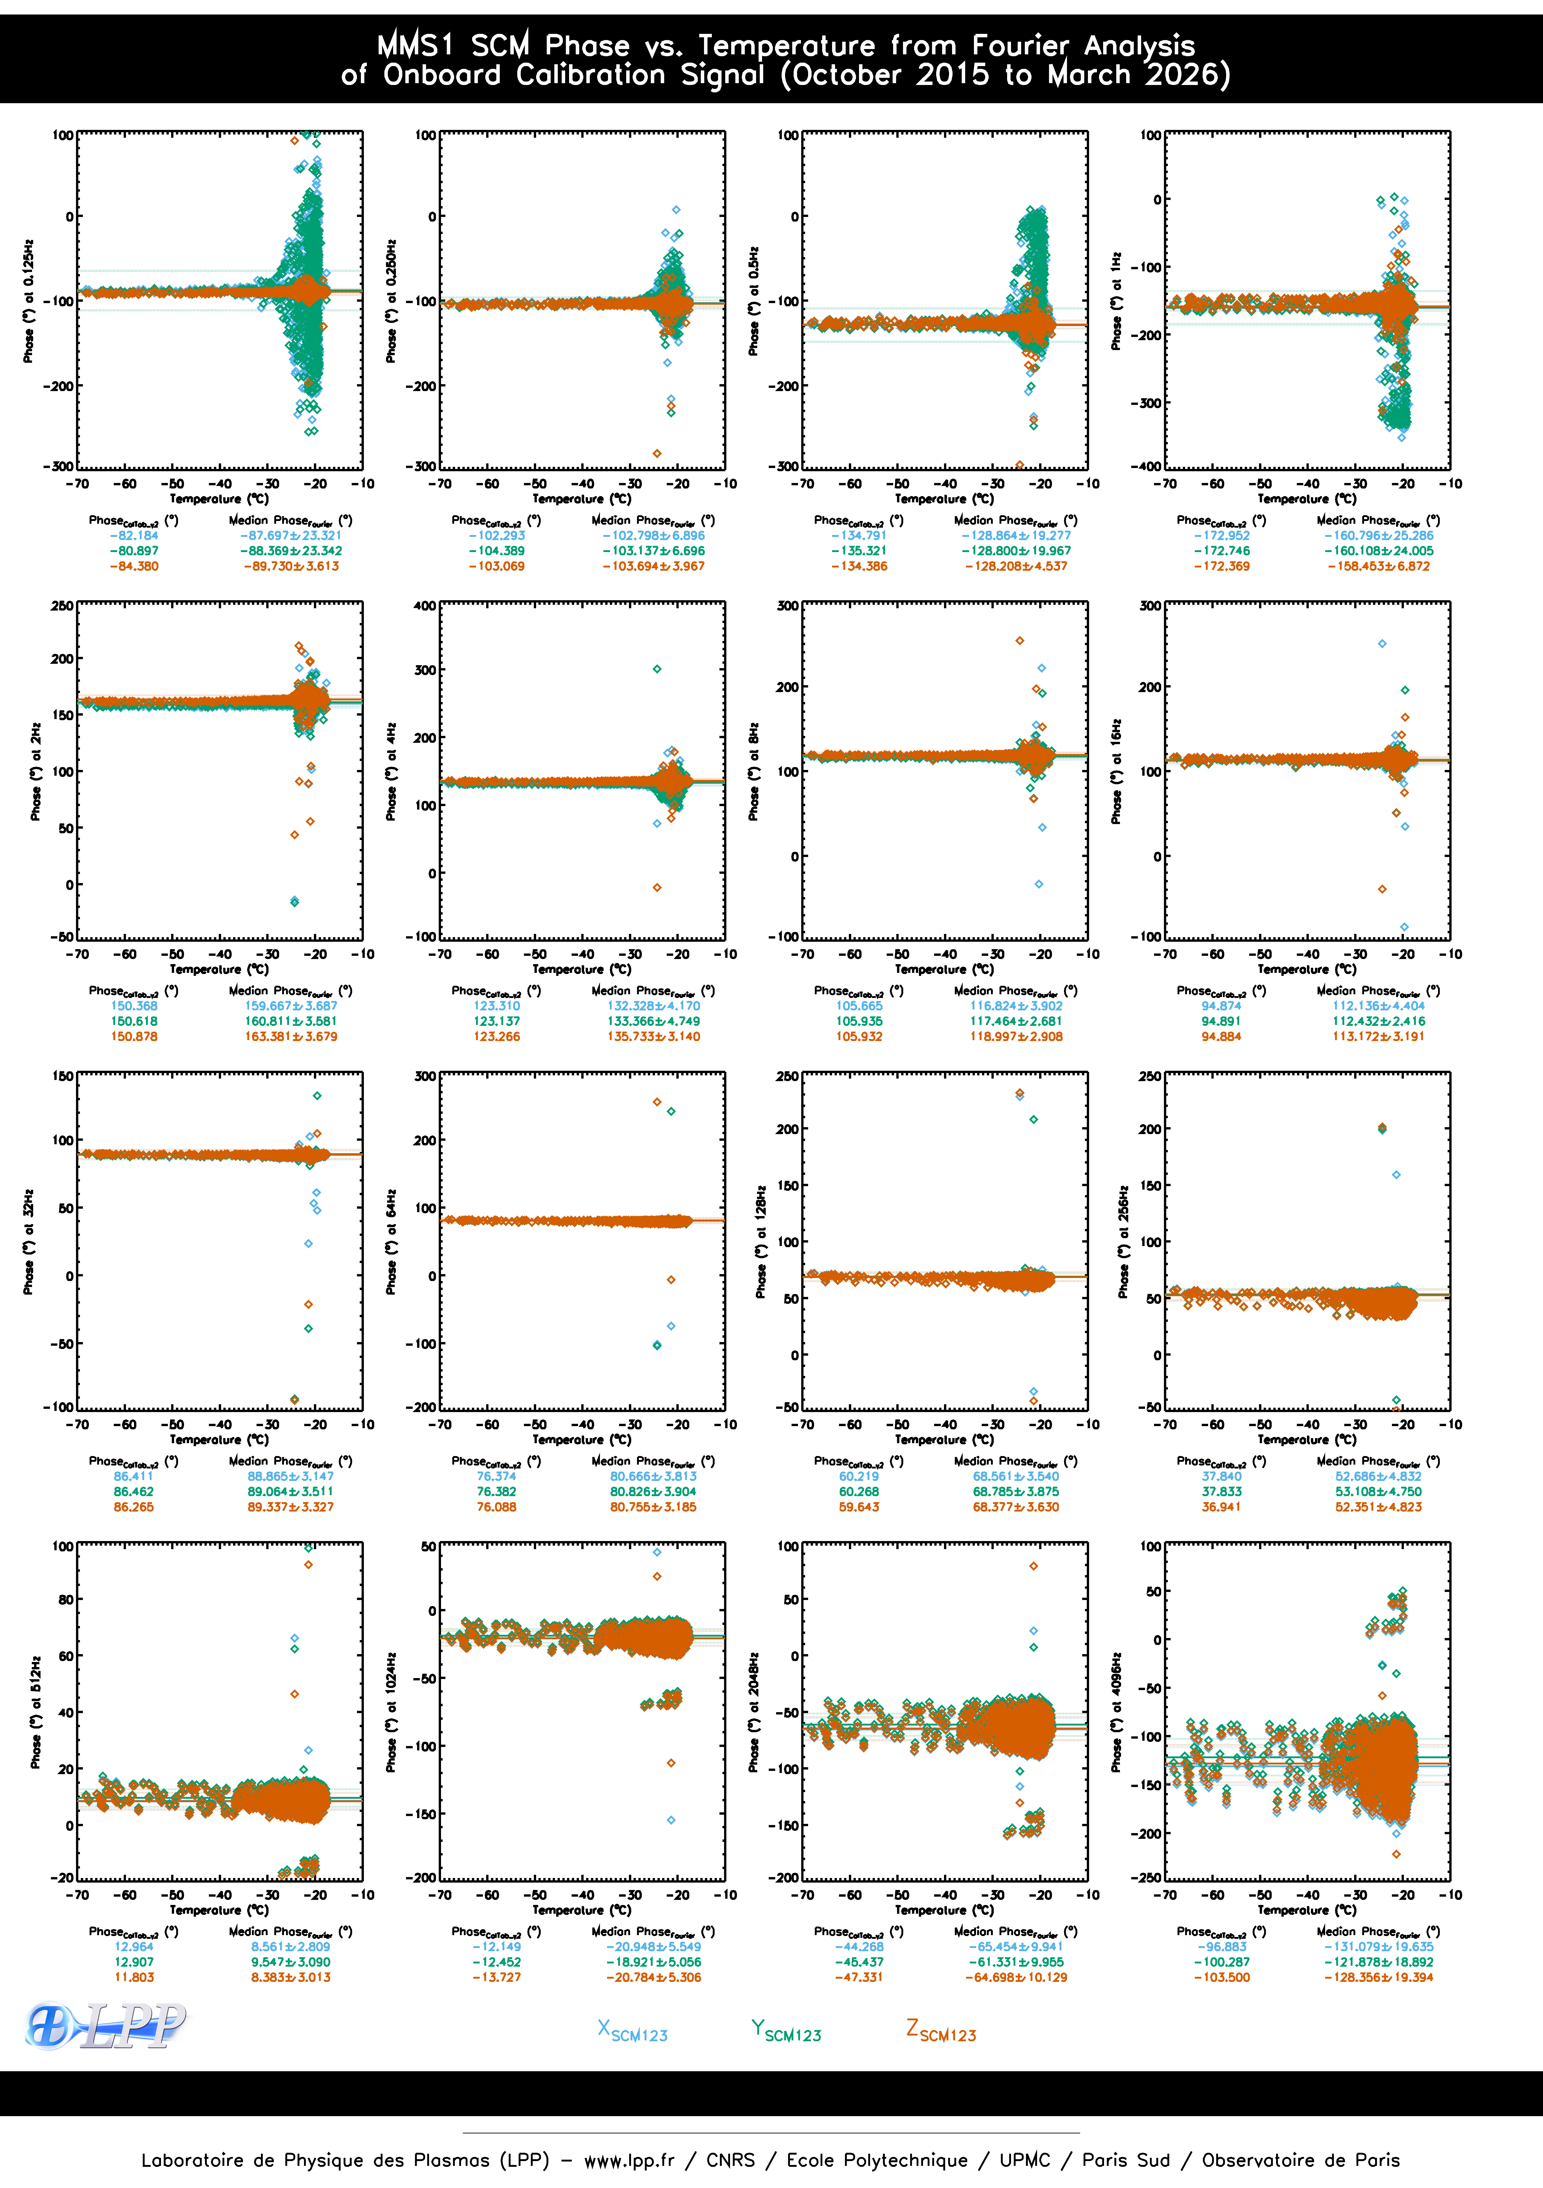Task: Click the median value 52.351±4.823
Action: tap(1378, 1507)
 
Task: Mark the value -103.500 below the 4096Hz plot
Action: tap(1221, 1977)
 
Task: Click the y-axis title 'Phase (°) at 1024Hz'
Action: tap(391, 1712)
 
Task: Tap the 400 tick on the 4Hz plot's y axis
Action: tap(425, 606)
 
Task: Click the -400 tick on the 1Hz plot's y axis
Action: tap(1148, 466)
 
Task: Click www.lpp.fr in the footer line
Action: tap(629, 2160)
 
